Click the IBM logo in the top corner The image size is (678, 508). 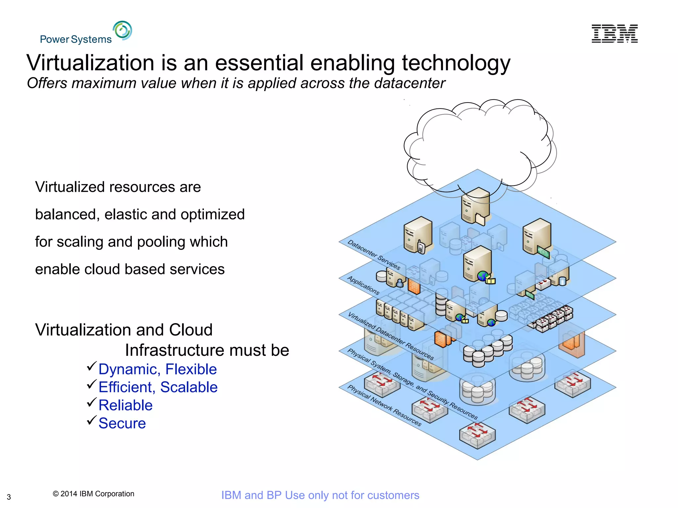click(614, 34)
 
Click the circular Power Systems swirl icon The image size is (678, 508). click(122, 30)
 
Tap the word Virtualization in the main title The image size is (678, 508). click(90, 63)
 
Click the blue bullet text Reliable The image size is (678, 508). click(125, 405)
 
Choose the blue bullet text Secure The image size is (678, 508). click(122, 423)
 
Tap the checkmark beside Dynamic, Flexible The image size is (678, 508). click(91, 366)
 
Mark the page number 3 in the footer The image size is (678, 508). click(9, 497)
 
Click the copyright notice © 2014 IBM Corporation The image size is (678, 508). click(93, 494)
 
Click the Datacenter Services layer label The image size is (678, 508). click(374, 255)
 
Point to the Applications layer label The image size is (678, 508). click(363, 285)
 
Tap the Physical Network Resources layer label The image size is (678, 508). click(384, 405)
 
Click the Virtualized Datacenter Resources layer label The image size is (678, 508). click(391, 336)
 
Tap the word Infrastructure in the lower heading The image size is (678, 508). click(175, 350)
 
